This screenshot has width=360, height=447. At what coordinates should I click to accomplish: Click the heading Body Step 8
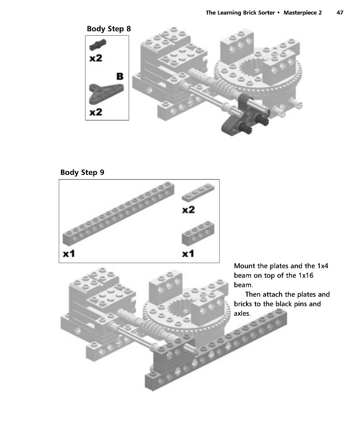click(109, 28)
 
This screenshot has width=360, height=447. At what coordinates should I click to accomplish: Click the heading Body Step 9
click(82, 172)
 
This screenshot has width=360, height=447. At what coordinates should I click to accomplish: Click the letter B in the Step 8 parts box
click(119, 75)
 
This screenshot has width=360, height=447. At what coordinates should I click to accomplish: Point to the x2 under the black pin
click(96, 58)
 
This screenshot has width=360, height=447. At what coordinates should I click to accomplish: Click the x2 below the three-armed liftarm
click(96, 112)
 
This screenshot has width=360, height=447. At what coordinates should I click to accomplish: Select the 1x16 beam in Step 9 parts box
click(117, 215)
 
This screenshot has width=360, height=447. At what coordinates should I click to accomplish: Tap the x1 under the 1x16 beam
click(69, 254)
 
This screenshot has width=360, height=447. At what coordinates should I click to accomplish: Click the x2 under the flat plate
click(188, 210)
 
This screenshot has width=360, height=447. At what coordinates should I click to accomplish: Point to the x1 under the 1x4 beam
click(188, 254)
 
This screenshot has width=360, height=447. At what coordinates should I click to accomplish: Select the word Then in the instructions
click(254, 294)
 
